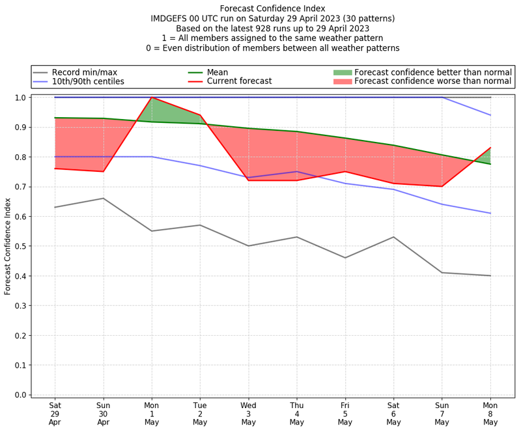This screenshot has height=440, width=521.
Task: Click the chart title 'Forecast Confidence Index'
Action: coord(272,8)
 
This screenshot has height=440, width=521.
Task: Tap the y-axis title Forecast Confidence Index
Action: coord(8,246)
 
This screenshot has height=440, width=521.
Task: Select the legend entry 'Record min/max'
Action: coord(83,72)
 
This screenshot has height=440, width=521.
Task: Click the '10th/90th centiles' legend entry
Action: coord(88,81)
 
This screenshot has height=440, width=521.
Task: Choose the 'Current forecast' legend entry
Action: coord(239,81)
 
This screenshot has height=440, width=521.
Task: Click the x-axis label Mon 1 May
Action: coord(152,413)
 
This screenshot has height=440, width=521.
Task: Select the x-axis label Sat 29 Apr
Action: coord(55,413)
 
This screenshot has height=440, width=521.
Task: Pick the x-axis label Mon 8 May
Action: coord(490,413)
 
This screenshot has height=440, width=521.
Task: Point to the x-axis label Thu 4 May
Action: coord(297,413)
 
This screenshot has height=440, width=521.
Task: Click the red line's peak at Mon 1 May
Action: coord(152,98)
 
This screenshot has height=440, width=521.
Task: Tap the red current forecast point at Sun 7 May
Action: coord(442,186)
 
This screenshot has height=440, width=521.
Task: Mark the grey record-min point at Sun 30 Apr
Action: coord(103,199)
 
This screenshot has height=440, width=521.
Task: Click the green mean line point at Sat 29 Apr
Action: coord(55,118)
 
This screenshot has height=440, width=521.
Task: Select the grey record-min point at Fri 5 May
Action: coord(345,258)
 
